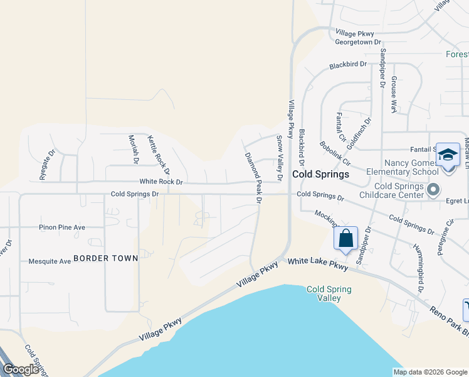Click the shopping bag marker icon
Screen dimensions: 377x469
pyautogui.click(x=345, y=239)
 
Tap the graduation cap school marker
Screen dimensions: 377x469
pyautogui.click(x=448, y=155)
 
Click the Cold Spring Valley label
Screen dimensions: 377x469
pyautogui.click(x=329, y=293)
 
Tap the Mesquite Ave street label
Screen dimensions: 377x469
pyautogui.click(x=50, y=261)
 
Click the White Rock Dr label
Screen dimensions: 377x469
pyautogui.click(x=161, y=182)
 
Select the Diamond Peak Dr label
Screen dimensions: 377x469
pyautogui.click(x=253, y=178)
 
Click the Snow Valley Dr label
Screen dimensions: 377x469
pyautogui.click(x=280, y=160)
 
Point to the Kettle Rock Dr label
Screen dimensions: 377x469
pyautogui.click(x=159, y=154)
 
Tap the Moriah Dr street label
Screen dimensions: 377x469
pyautogui.click(x=133, y=149)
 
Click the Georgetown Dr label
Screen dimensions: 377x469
pyautogui.click(x=358, y=42)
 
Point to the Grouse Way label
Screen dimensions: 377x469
pyautogui.click(x=394, y=95)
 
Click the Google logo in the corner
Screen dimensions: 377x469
pyautogui.click(x=21, y=369)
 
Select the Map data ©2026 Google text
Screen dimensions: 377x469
pyautogui.click(x=429, y=372)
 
